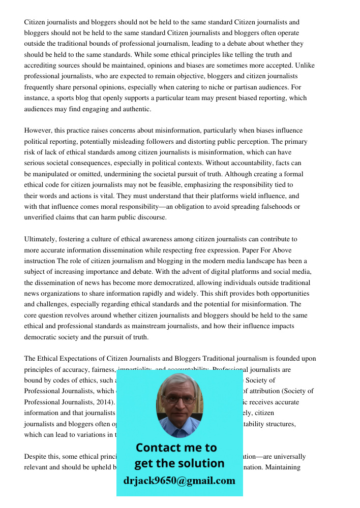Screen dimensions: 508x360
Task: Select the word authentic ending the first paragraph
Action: (x=137, y=109)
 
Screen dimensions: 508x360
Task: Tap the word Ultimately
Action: (x=40, y=239)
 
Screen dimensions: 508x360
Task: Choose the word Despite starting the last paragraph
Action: (x=36, y=456)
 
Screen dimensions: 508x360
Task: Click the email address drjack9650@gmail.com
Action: (x=179, y=481)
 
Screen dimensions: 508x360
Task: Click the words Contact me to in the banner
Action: (x=176, y=448)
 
